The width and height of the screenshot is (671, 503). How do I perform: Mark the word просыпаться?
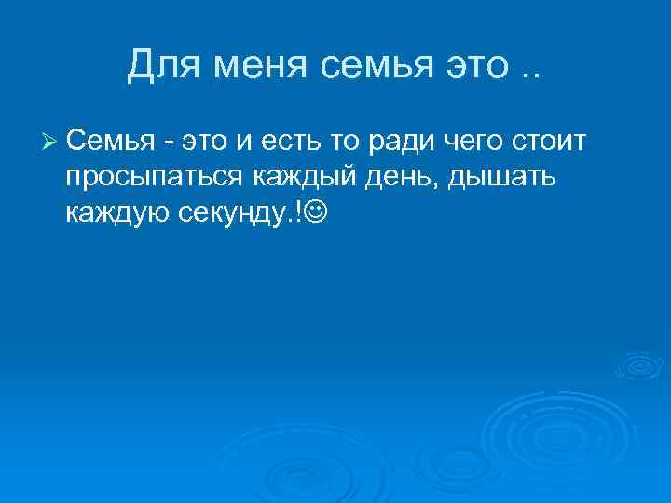point(153,179)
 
